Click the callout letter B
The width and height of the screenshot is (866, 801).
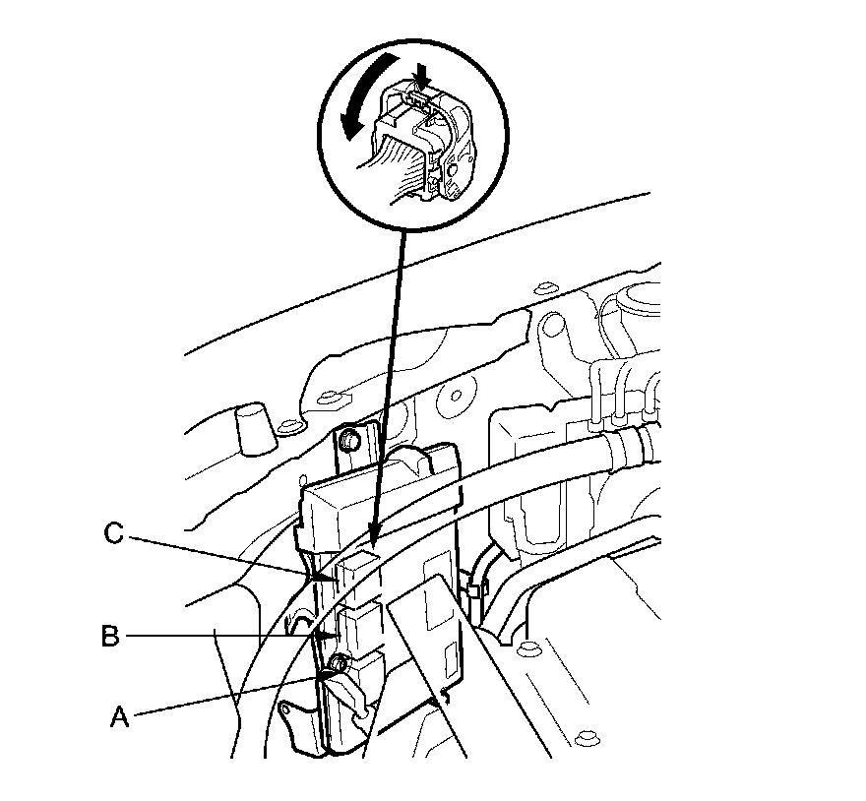tap(110, 637)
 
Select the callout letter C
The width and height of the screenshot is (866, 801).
tap(113, 536)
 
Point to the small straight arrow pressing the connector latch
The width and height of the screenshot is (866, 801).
tap(423, 75)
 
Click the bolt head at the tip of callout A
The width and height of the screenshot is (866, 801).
tap(340, 664)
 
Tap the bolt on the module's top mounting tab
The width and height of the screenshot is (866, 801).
tap(348, 442)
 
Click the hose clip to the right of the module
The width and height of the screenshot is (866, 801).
tap(476, 590)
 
